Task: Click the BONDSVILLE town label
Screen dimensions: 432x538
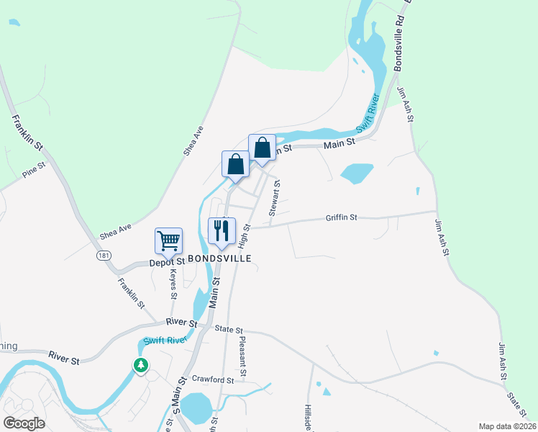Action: [x=219, y=258]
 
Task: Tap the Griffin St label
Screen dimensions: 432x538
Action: [x=341, y=217]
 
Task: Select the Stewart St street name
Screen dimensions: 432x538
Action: [x=274, y=198]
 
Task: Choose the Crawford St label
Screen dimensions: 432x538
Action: [x=214, y=379]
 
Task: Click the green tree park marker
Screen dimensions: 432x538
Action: [x=141, y=365]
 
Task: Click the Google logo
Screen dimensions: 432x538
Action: [x=24, y=423]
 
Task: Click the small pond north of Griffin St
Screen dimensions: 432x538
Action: [x=356, y=174]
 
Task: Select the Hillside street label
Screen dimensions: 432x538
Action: [x=309, y=416]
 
